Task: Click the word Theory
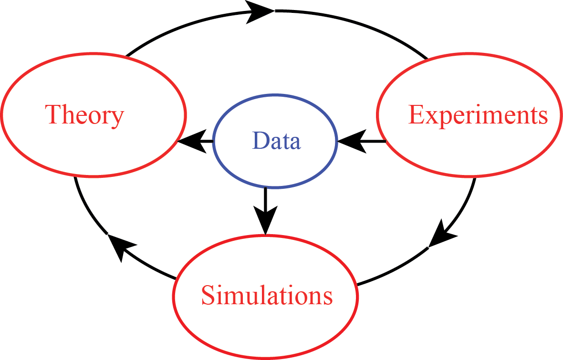coord(84,115)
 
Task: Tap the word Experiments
coord(478,115)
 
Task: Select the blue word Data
coord(277,141)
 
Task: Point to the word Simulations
coord(267,295)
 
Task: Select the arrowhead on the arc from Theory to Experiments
coord(261,11)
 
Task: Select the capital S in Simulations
coord(208,295)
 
